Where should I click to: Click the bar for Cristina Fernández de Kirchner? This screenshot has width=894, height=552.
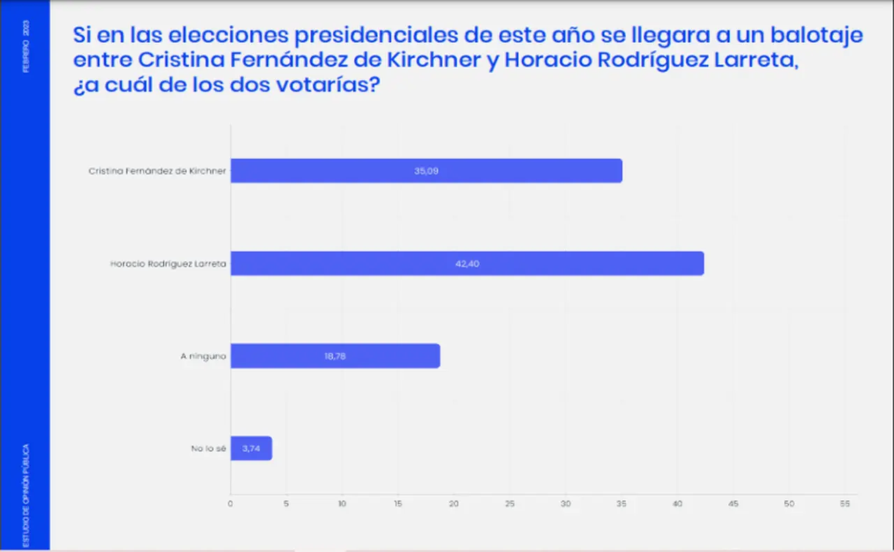[x=426, y=171]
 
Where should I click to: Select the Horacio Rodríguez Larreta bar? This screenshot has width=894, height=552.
[x=467, y=263]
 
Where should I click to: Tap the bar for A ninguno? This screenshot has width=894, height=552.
[x=335, y=356]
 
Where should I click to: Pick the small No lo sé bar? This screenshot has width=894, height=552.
[x=251, y=448]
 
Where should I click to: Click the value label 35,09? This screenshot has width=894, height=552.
[x=426, y=171]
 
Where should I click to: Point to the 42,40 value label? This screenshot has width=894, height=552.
[x=467, y=263]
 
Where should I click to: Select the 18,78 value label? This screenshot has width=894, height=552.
[x=335, y=356]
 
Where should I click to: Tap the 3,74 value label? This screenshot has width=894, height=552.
[x=251, y=449]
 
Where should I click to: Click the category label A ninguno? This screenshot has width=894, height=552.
[x=203, y=356]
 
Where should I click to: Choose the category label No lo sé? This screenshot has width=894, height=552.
[x=208, y=449]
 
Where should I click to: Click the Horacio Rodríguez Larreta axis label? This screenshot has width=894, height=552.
[x=168, y=263]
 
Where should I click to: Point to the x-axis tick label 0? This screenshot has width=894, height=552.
[x=230, y=504]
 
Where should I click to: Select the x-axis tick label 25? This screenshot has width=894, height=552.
[x=510, y=504]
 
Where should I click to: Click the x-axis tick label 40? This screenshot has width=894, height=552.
[x=677, y=504]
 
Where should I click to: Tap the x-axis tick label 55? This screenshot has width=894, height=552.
[x=845, y=504]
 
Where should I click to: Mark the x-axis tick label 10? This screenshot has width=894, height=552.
[x=342, y=504]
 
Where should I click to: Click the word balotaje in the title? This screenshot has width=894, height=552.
[x=816, y=36]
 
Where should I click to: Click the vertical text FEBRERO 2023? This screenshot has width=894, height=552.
[x=26, y=46]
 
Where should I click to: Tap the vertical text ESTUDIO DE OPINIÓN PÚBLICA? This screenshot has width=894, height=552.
[x=26, y=495]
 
